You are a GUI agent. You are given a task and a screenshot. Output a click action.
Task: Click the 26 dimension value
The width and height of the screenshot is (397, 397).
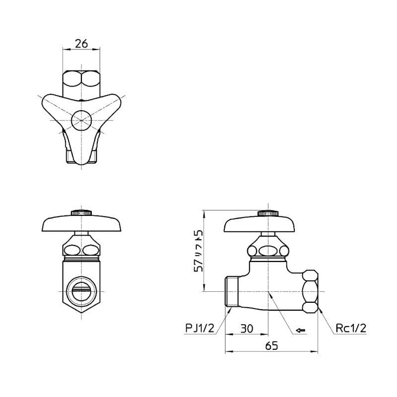(x=81, y=44)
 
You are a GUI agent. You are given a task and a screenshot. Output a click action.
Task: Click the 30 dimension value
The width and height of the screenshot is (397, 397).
(x=246, y=329)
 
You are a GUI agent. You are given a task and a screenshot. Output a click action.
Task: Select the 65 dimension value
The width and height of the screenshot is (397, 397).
(x=271, y=345)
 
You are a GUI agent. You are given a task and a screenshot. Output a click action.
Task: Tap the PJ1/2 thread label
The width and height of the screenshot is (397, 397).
(x=200, y=329)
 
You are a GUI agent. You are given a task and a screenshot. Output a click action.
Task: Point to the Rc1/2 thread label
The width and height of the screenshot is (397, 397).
(x=351, y=329)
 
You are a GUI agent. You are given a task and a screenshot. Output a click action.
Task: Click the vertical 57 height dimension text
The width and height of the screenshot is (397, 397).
(x=198, y=251)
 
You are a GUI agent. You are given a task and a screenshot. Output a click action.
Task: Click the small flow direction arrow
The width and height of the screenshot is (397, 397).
(x=301, y=330)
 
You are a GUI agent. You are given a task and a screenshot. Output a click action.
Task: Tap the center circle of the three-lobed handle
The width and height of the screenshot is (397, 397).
(x=81, y=120)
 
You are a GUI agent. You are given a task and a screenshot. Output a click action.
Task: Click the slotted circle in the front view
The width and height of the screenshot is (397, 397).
(x=81, y=291)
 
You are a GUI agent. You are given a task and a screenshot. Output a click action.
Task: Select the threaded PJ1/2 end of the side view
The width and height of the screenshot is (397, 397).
(x=232, y=292)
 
